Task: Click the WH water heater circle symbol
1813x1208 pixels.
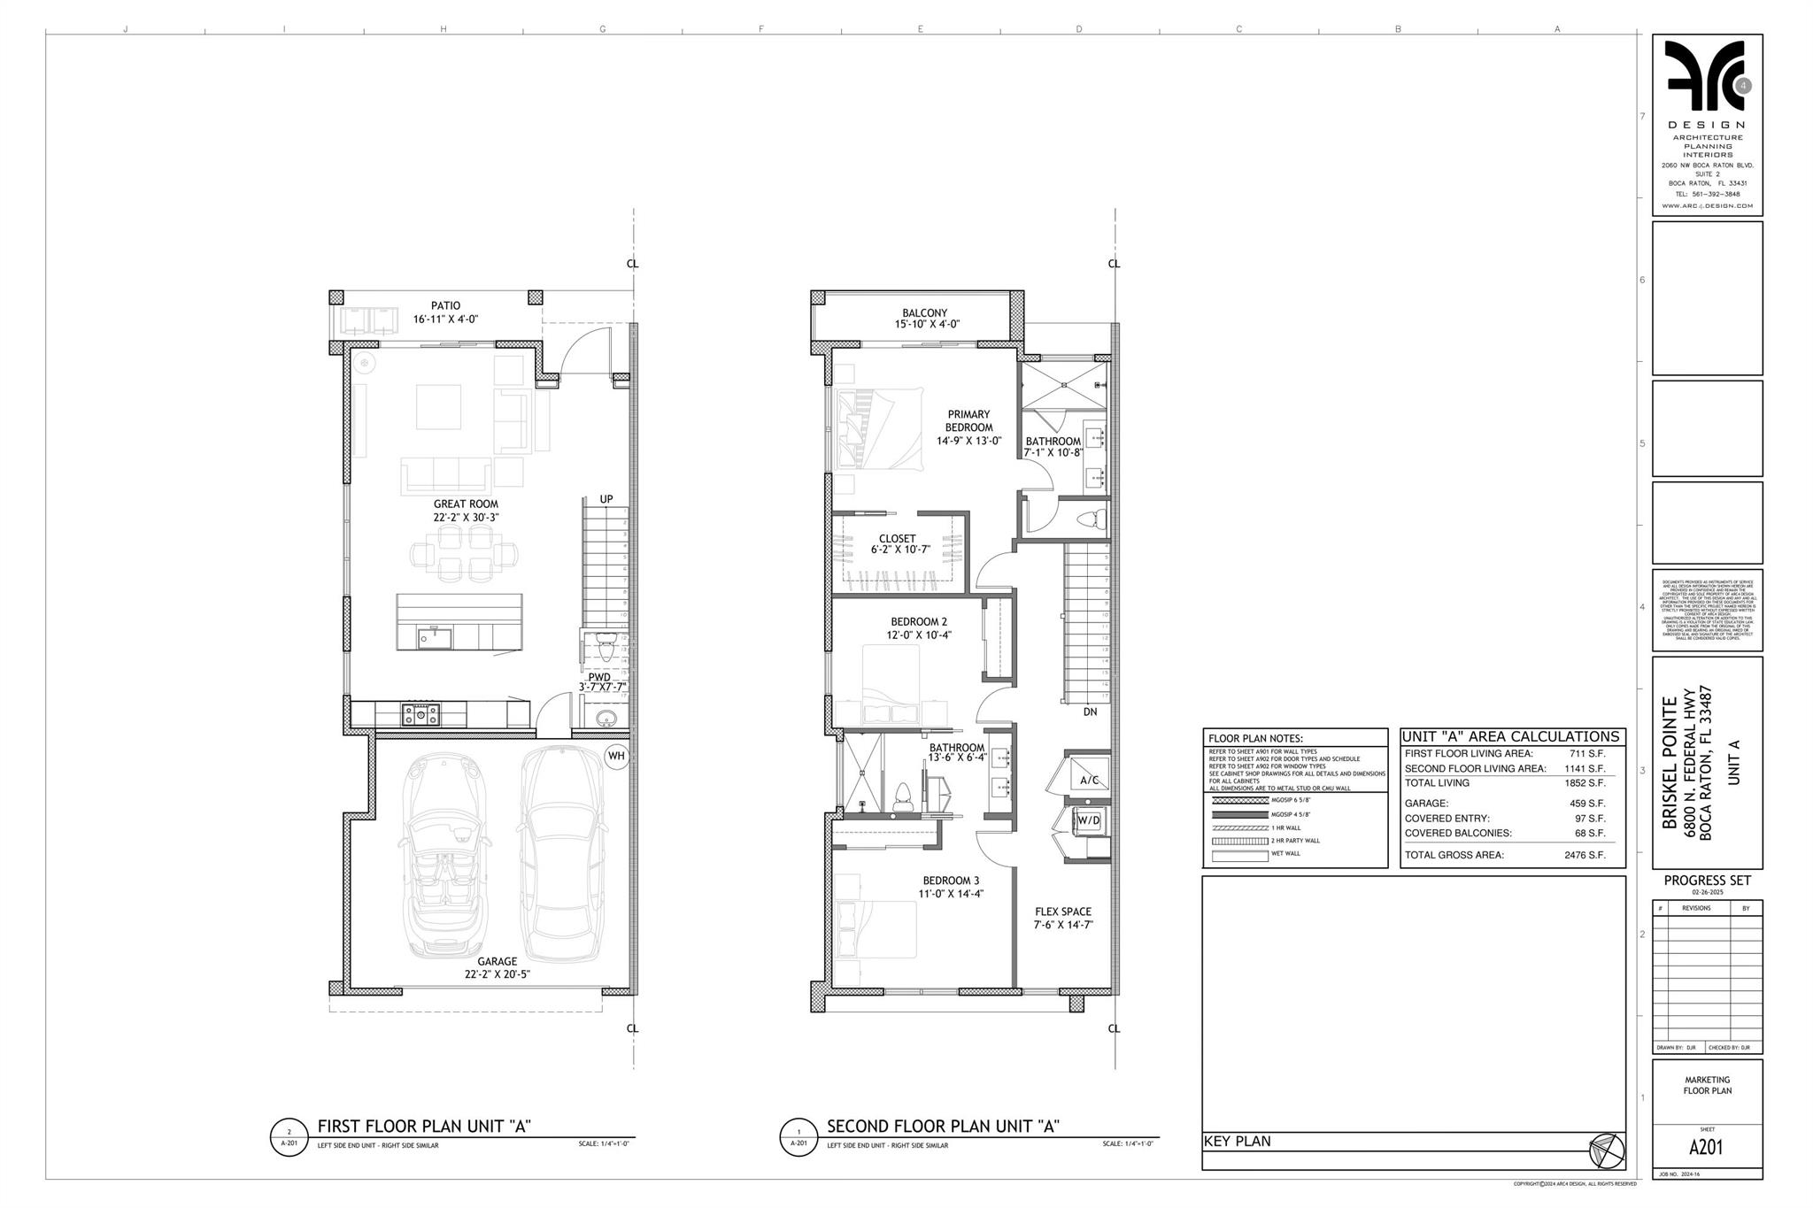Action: (616, 756)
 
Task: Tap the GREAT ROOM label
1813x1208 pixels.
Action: (466, 504)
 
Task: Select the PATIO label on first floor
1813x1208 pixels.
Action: (445, 306)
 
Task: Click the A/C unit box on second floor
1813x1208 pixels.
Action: (1089, 779)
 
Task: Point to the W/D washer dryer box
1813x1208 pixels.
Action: (1088, 820)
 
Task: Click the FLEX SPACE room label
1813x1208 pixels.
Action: (1063, 912)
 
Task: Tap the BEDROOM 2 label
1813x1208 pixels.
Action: (919, 622)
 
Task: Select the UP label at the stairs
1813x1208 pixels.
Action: (606, 499)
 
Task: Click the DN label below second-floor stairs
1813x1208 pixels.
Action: (1090, 712)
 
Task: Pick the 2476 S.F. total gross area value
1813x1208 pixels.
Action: (1584, 855)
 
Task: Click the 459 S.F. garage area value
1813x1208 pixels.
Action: (1590, 804)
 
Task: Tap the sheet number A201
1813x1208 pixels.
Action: (1706, 1148)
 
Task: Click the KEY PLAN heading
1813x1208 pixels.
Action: (1237, 1142)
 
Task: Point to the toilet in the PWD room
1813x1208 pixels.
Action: (606, 647)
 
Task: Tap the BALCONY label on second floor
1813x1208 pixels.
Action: (924, 313)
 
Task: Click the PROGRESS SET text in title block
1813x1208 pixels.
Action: (1707, 881)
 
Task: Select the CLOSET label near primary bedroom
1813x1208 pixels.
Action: (897, 539)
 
